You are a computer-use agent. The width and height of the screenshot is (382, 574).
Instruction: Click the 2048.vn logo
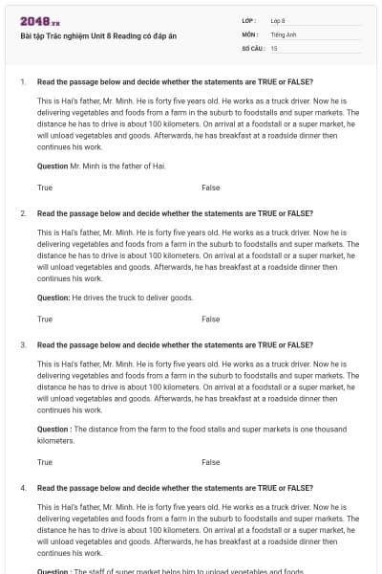click(x=39, y=21)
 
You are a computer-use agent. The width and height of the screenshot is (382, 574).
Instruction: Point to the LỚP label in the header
click(x=249, y=20)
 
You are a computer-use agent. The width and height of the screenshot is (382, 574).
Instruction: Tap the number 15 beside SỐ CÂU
click(x=274, y=47)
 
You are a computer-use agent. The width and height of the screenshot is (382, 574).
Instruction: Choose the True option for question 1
click(x=45, y=188)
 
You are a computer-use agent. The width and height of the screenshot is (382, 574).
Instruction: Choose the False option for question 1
click(x=210, y=188)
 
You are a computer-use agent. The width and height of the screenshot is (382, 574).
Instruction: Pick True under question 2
click(x=45, y=319)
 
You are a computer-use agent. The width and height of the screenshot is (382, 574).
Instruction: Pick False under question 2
click(x=210, y=319)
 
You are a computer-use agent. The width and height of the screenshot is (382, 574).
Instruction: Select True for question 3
click(x=45, y=462)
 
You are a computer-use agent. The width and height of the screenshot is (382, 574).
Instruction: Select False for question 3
click(x=210, y=462)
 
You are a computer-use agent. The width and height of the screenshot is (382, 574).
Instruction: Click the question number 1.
click(x=22, y=81)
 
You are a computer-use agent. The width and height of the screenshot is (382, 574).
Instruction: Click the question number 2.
click(x=22, y=212)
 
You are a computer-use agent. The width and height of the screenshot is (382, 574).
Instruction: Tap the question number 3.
click(x=22, y=343)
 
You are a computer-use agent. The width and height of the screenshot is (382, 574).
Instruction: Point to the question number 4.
click(x=22, y=487)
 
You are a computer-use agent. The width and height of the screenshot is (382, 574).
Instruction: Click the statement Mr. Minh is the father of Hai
click(x=118, y=166)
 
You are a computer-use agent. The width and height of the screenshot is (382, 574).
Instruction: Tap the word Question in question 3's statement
click(x=53, y=429)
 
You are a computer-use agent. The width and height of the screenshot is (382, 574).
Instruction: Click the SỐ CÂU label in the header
click(x=251, y=47)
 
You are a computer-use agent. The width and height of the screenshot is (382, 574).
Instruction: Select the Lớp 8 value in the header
click(x=278, y=20)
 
